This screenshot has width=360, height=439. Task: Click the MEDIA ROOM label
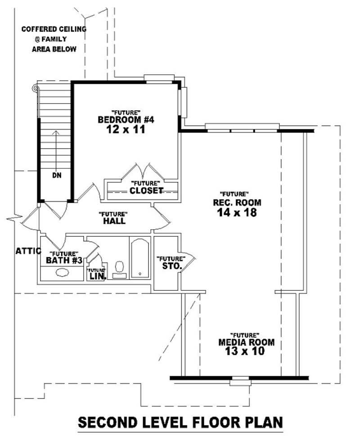click(x=246, y=342)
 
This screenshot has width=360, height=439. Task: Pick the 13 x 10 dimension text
click(x=246, y=352)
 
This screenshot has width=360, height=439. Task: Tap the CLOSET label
click(x=146, y=190)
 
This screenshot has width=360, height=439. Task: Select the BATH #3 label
click(x=64, y=261)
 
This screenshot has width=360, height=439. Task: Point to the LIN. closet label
click(x=97, y=276)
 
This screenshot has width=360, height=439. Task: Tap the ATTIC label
click(x=28, y=251)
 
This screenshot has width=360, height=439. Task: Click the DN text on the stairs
click(x=56, y=175)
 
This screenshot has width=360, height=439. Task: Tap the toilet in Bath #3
click(x=119, y=268)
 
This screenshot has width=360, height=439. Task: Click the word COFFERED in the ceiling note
click(x=40, y=30)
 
